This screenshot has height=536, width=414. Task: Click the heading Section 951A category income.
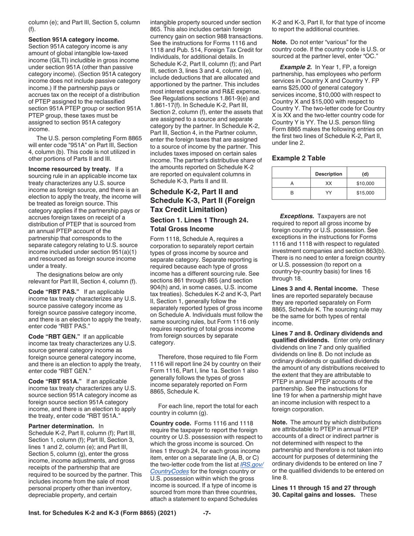[x=73, y=39]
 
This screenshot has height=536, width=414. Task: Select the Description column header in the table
[x=329, y=174]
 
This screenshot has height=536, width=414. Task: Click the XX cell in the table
[x=329, y=183]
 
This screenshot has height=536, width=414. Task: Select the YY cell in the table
[x=329, y=193]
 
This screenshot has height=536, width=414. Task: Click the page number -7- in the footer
[x=207, y=513]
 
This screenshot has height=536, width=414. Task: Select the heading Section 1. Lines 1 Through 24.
[x=199, y=221]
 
